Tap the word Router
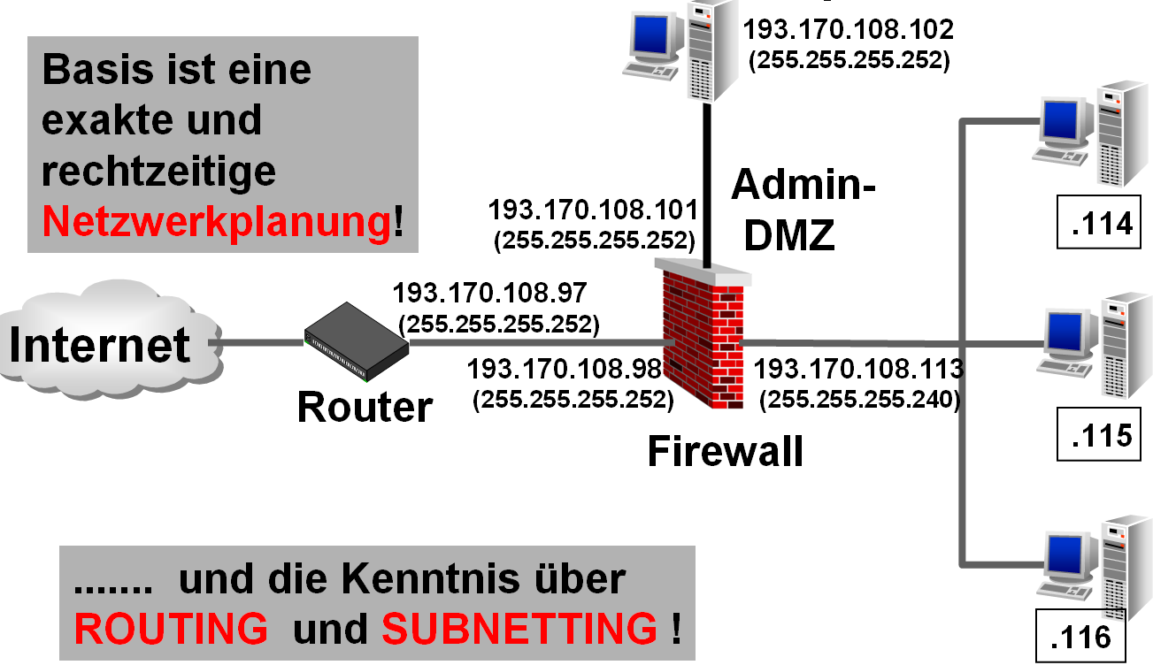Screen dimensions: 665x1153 [365, 408]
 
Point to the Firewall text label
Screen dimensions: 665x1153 [725, 452]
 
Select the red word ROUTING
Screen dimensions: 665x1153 [171, 628]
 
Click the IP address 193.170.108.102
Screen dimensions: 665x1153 [849, 30]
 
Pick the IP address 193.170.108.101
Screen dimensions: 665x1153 [593, 210]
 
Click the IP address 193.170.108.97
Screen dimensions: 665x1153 [490, 293]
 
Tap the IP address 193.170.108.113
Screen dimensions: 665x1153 [857, 368]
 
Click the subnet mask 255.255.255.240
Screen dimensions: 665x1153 [859, 399]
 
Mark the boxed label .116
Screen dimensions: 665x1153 [1077, 638]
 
